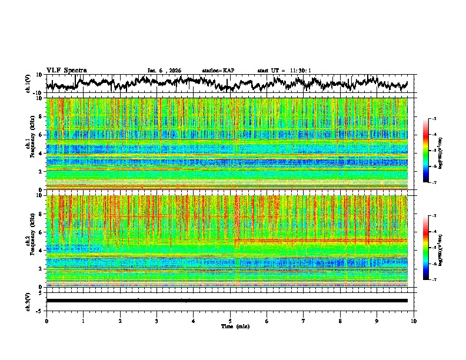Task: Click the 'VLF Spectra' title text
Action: [66, 70]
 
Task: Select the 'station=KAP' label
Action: [218, 71]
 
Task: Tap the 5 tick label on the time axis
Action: [231, 321]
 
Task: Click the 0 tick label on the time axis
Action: [46, 321]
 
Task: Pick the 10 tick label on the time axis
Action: [414, 321]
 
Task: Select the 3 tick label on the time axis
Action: [157, 321]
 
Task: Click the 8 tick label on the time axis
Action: [341, 321]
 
